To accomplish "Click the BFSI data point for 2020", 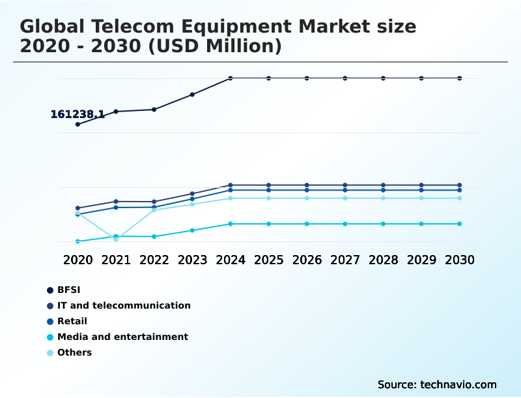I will point(77,124).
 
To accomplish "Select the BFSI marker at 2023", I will point(192,95).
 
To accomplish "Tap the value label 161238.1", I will point(77,114).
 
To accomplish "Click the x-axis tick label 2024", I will point(231,260).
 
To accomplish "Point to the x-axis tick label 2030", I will point(459,260).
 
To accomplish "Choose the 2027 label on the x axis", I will point(345,260).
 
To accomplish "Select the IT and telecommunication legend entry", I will point(124,305).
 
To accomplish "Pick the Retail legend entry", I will point(72,321).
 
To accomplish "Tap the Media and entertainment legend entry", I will point(122,337).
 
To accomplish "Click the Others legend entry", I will point(74,352).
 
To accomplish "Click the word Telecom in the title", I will point(134,27).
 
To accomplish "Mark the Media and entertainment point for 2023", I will point(192,230).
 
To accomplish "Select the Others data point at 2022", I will point(154,210).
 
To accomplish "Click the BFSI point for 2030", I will point(459,78).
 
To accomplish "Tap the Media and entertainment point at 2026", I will point(307,224).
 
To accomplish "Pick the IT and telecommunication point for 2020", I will point(77,208).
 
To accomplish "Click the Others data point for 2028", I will point(383,198).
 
